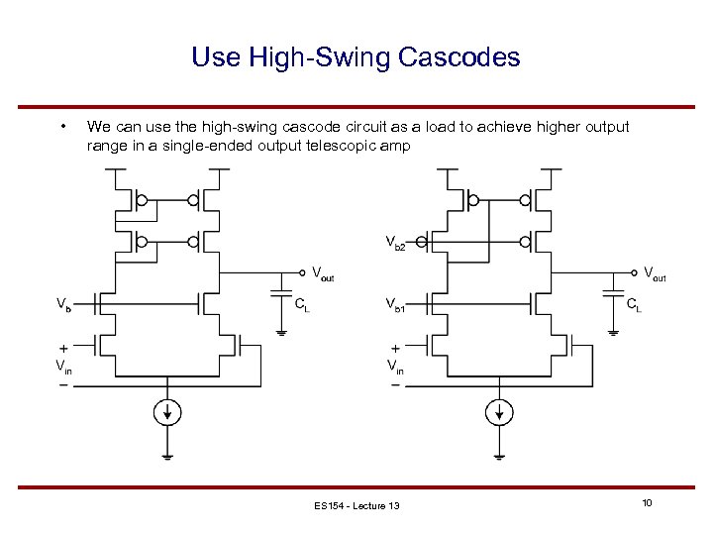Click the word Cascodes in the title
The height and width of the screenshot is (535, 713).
click(x=459, y=57)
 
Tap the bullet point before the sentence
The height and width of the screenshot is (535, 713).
click(x=63, y=126)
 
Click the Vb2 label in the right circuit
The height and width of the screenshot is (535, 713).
click(x=394, y=243)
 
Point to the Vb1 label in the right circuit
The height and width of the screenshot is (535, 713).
click(x=394, y=305)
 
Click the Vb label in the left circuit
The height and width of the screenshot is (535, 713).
click(x=62, y=303)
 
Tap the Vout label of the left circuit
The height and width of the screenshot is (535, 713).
click(x=323, y=272)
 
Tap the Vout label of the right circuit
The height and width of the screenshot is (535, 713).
click(x=655, y=272)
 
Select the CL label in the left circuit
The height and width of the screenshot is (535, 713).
click(x=302, y=305)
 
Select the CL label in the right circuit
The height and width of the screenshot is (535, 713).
click(x=633, y=305)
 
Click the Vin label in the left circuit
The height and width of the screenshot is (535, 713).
click(x=62, y=367)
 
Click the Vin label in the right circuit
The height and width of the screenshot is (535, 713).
click(x=395, y=367)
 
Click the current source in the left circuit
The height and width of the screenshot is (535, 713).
click(x=166, y=411)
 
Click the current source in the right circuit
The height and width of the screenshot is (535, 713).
click(x=499, y=411)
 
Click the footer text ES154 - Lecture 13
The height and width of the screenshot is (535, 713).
click(x=356, y=506)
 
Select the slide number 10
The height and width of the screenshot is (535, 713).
click(x=646, y=504)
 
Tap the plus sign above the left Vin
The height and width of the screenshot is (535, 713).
click(x=62, y=350)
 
